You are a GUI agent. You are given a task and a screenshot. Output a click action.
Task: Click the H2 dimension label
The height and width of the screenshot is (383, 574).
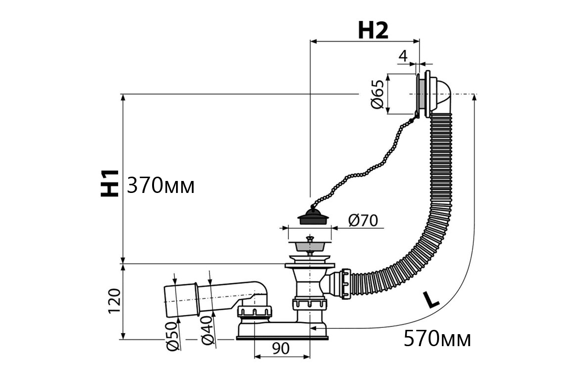(373, 30)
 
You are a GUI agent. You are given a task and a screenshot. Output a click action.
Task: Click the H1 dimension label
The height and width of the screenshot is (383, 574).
(110, 183)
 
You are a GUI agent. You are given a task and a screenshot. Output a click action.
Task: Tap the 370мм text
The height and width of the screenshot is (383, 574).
(161, 185)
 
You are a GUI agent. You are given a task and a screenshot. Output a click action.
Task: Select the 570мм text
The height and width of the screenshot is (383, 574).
(437, 339)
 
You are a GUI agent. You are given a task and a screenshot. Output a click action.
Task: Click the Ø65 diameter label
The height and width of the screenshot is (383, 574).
(377, 94)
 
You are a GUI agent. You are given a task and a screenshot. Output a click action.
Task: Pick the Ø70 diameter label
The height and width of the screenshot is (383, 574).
(363, 220)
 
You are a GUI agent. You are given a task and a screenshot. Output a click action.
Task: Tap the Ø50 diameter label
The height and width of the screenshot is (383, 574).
(172, 336)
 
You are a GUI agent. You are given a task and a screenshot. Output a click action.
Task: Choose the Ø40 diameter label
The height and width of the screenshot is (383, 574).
(207, 331)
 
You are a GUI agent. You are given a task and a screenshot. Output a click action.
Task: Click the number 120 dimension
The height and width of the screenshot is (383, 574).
(114, 301)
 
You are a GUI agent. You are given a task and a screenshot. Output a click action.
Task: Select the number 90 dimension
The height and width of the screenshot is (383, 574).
(281, 349)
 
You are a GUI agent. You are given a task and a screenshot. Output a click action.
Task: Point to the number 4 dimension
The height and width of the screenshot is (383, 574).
(403, 56)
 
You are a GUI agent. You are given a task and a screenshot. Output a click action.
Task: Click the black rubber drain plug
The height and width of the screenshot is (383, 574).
(313, 216)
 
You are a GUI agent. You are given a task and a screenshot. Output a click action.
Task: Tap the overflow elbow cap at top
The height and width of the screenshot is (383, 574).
(441, 95)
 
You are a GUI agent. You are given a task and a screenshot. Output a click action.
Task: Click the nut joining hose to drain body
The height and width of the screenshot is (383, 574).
(346, 284)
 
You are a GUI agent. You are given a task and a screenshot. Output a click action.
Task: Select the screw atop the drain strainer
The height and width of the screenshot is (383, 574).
(310, 239)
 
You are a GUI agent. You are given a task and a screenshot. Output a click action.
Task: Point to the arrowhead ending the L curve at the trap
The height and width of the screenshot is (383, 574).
(313, 328)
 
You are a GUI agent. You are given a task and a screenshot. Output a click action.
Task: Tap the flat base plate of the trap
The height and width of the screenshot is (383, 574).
(282, 338)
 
